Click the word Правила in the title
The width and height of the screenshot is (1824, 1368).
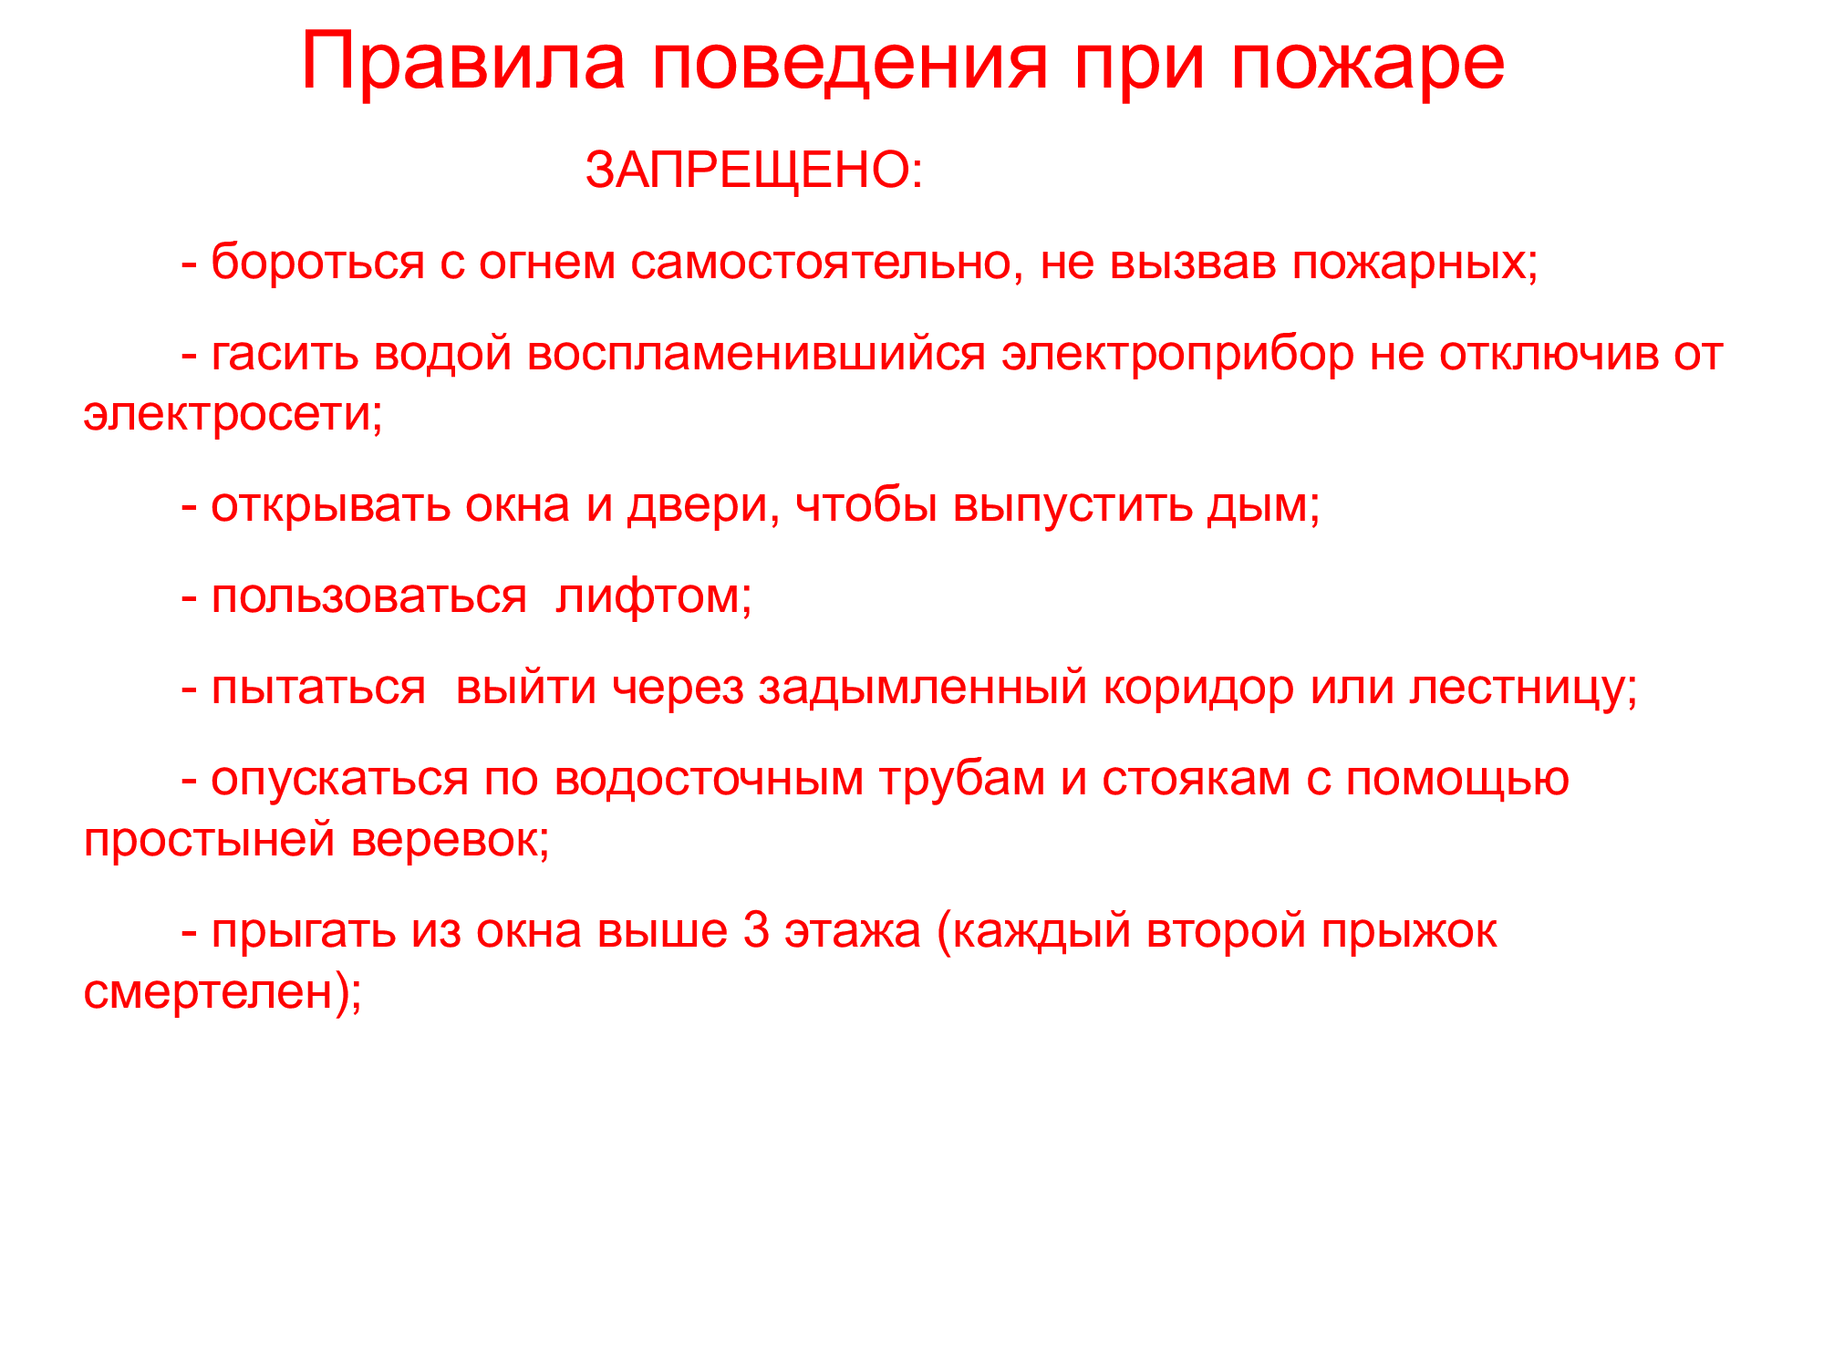coord(463,62)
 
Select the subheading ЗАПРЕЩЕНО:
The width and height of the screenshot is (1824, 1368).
coord(754,171)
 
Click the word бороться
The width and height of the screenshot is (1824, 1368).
coord(318,262)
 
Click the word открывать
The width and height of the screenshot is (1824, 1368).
coord(331,507)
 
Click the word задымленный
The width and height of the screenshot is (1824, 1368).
coord(923,689)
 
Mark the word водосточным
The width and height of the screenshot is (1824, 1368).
coord(709,781)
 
